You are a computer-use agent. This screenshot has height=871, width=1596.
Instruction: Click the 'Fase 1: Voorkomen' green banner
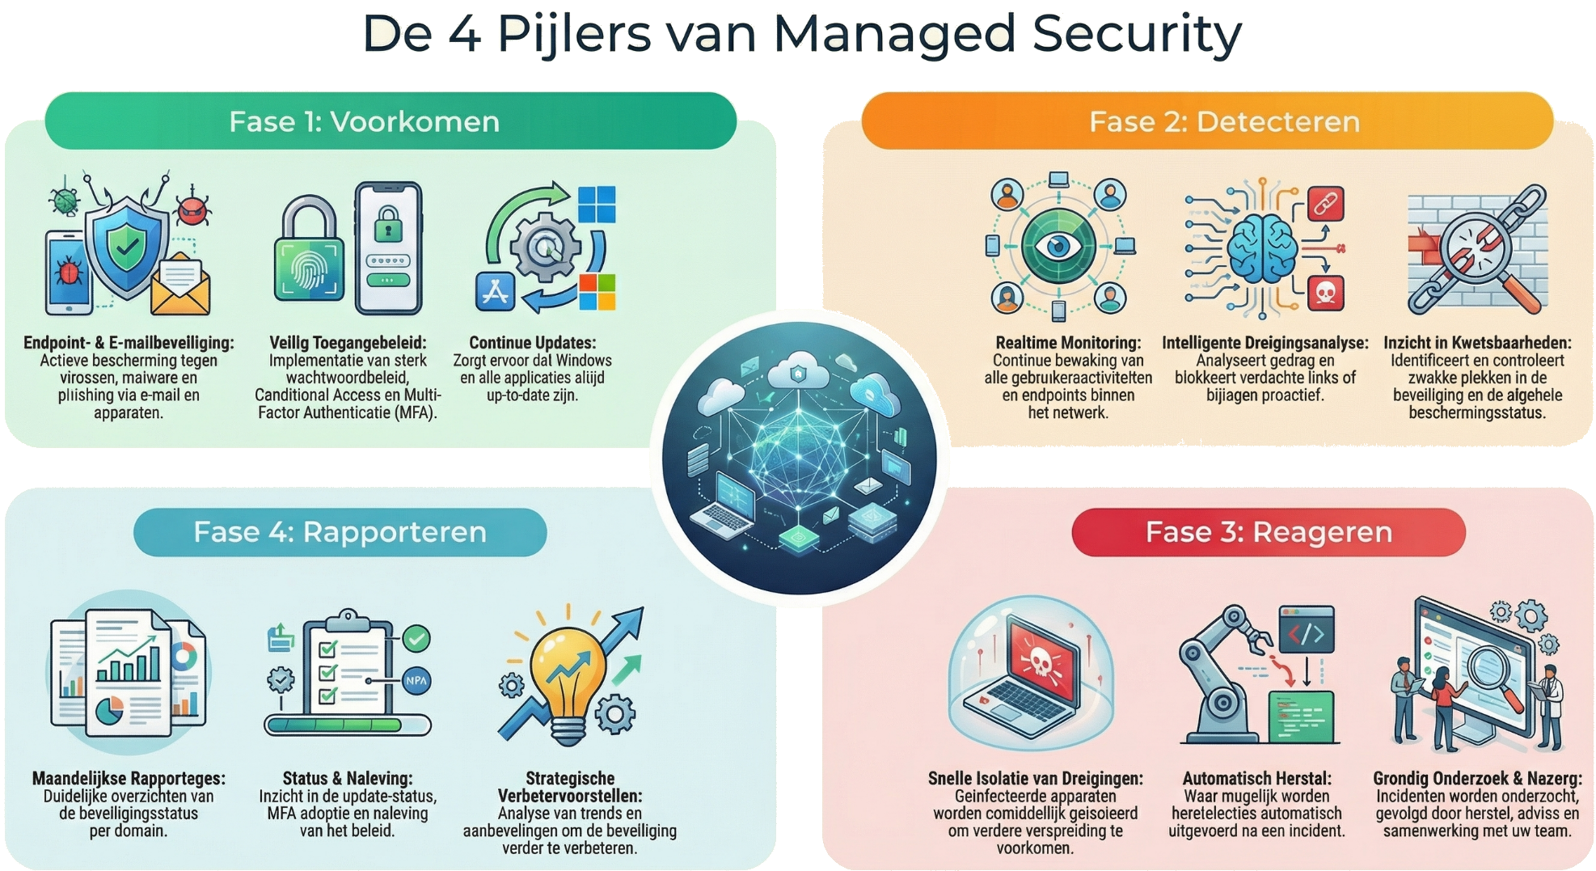click(x=391, y=121)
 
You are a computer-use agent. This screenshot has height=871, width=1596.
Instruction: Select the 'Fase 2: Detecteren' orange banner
click(x=1207, y=121)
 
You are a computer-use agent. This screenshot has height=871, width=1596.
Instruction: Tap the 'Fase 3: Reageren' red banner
click(x=1268, y=532)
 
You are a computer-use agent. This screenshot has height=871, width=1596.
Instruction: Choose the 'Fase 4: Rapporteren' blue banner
click(x=340, y=532)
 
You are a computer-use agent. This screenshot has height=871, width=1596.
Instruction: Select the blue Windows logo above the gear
click(x=597, y=204)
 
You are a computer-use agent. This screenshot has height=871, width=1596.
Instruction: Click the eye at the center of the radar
click(x=1058, y=246)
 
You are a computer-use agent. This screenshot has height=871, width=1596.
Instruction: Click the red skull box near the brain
click(x=1325, y=293)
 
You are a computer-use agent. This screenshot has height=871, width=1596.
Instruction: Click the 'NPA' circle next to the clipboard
click(x=416, y=680)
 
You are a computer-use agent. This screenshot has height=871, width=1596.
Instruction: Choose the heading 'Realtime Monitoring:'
click(x=1068, y=343)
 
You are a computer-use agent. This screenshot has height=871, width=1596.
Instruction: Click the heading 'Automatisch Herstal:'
click(x=1256, y=778)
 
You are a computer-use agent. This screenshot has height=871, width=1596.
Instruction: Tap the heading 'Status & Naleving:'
click(x=347, y=778)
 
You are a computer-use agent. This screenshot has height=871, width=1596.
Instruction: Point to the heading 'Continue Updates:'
click(x=532, y=343)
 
